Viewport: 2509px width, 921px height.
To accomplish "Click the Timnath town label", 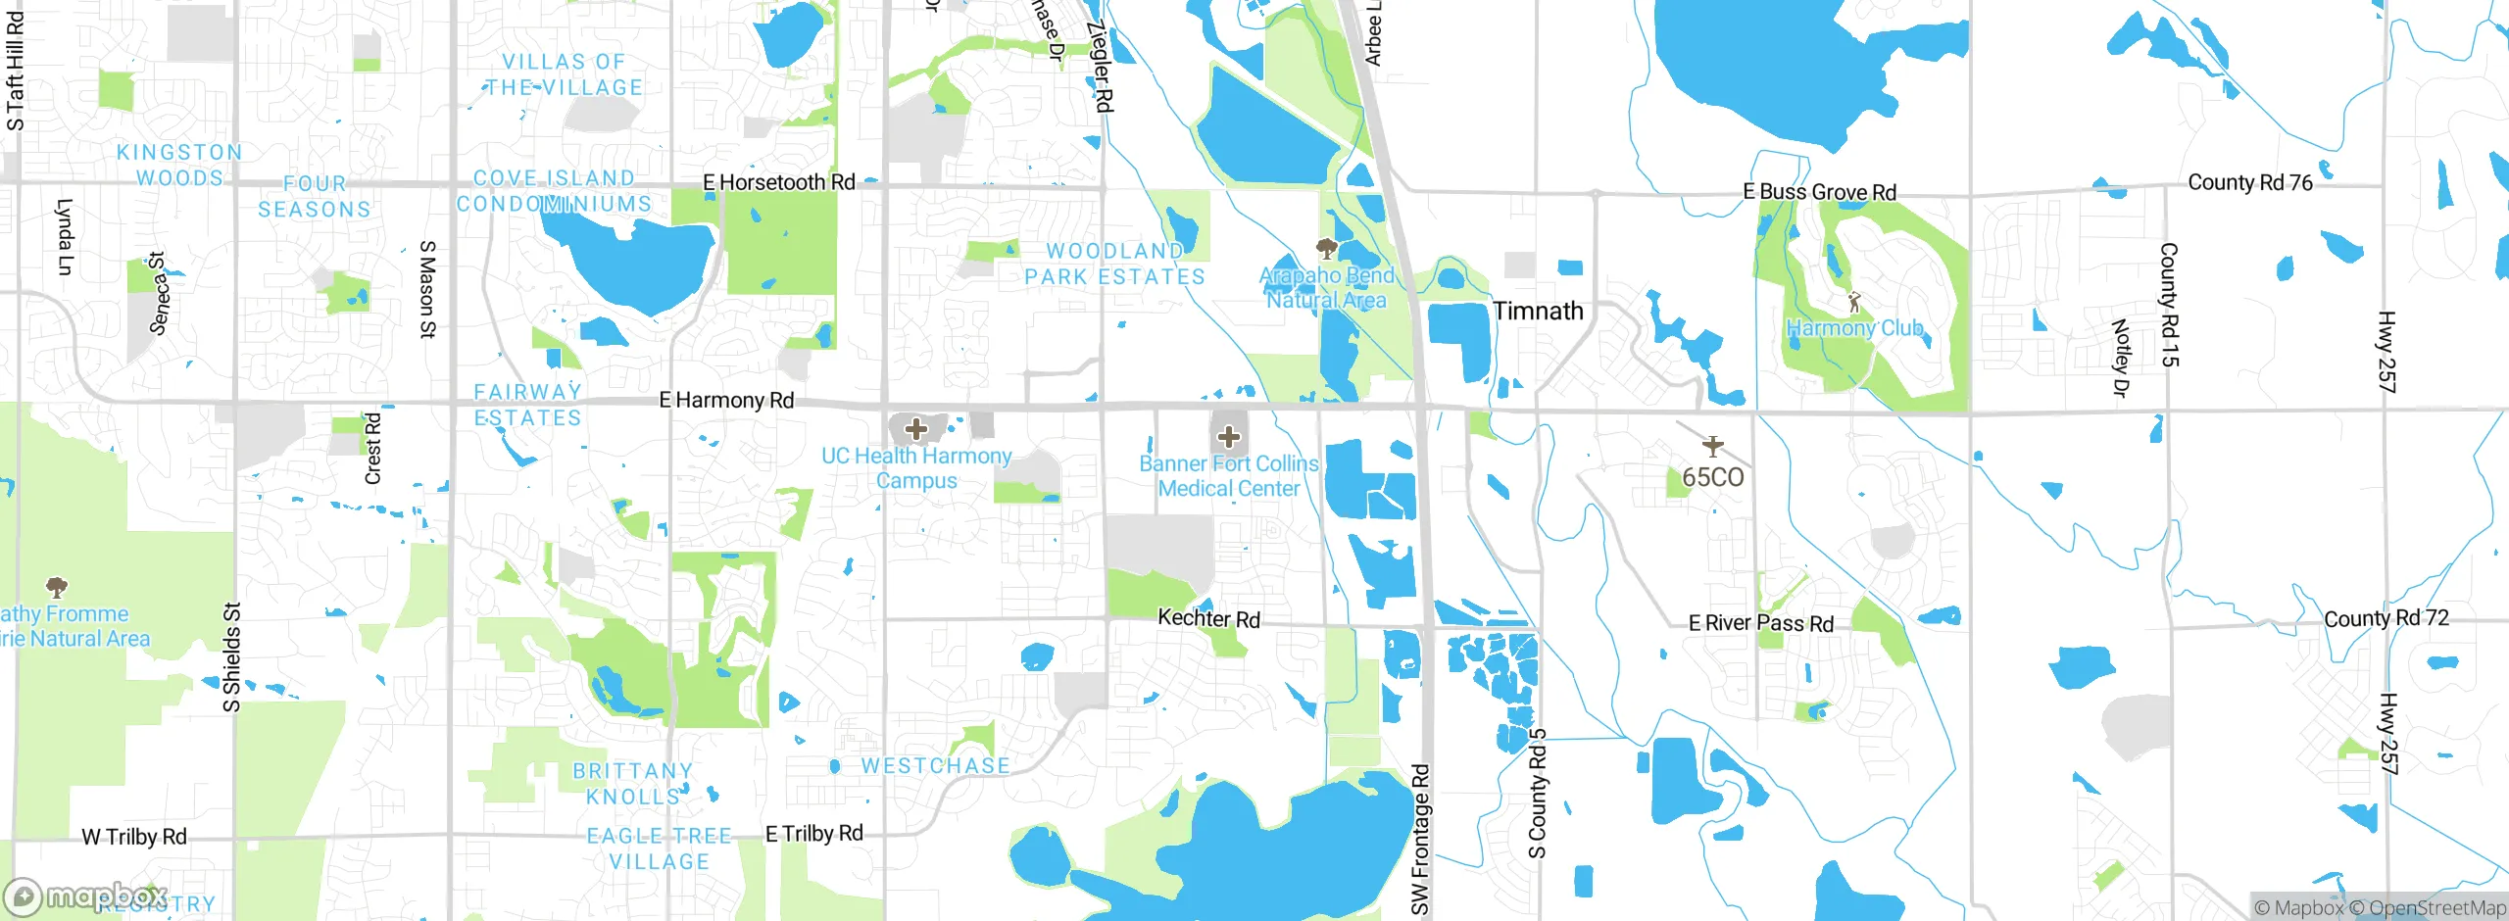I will pos(1538,312).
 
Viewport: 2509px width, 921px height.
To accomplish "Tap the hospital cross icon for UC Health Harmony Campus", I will pos(916,429).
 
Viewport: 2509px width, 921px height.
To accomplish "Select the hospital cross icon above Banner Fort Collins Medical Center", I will pos(1229,437).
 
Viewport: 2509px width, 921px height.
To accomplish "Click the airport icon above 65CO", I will pos(1712,447).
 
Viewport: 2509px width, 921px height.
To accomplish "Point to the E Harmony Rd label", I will pos(726,400).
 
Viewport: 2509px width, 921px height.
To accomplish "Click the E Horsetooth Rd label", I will pos(779,182).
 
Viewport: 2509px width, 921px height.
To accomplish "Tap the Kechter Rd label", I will pos(1208,618).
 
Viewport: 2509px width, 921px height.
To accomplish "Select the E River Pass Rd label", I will pos(1760,623).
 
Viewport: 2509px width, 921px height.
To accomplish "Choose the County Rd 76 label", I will pos(2250,182).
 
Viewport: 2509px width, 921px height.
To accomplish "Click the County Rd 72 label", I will pos(2386,618).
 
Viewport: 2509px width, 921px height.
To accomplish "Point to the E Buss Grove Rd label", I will pos(1819,192).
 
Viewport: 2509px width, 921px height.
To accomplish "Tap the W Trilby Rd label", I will pos(134,837).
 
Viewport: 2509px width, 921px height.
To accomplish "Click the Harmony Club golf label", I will pos(1854,328).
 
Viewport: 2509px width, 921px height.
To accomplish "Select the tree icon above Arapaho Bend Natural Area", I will pos(1327,248).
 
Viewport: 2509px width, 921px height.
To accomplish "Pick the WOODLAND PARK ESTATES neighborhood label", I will pos(1115,265).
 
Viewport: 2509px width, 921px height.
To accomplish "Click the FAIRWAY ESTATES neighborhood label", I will pos(528,405).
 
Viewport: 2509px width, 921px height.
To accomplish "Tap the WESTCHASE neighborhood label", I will pos(935,765).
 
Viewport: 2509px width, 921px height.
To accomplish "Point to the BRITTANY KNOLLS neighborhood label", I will pos(633,784).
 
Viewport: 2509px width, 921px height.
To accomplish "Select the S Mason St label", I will pos(427,289).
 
